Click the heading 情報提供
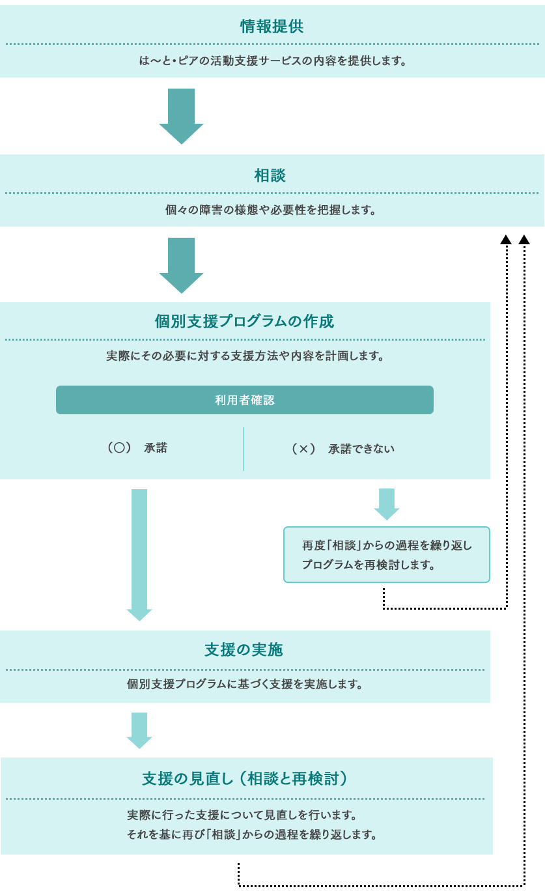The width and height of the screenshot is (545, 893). pos(272,26)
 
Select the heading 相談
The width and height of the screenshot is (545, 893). pos(270,175)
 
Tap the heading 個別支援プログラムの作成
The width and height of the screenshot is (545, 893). pos(244,321)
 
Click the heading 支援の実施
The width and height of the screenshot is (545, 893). pos(244,650)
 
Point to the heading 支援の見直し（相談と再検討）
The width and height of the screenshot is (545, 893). pos(245,778)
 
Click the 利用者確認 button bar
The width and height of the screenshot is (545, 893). pos(245,400)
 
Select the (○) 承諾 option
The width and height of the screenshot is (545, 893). pos(137,447)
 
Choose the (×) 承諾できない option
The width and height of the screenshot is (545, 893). pos(343,449)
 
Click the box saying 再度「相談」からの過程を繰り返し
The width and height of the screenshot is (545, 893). pos(386,554)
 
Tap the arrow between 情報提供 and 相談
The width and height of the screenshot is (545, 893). pos(181,117)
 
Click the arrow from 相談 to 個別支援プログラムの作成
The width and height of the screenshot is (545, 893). pos(181,266)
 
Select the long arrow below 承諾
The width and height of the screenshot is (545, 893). pos(139,555)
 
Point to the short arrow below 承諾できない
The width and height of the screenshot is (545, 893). pos(386,504)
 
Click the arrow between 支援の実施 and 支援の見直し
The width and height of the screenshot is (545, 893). pos(139,731)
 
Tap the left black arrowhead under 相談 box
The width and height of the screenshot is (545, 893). pos(506,240)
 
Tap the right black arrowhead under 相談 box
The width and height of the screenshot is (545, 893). pos(524,240)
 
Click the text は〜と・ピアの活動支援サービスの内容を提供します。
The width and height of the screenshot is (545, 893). pos(272,61)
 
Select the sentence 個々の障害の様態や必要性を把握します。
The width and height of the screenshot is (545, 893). pos(270,210)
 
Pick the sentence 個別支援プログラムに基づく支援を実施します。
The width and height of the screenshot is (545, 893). pos(244,684)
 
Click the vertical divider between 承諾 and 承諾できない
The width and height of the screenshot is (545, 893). pos(244,449)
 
